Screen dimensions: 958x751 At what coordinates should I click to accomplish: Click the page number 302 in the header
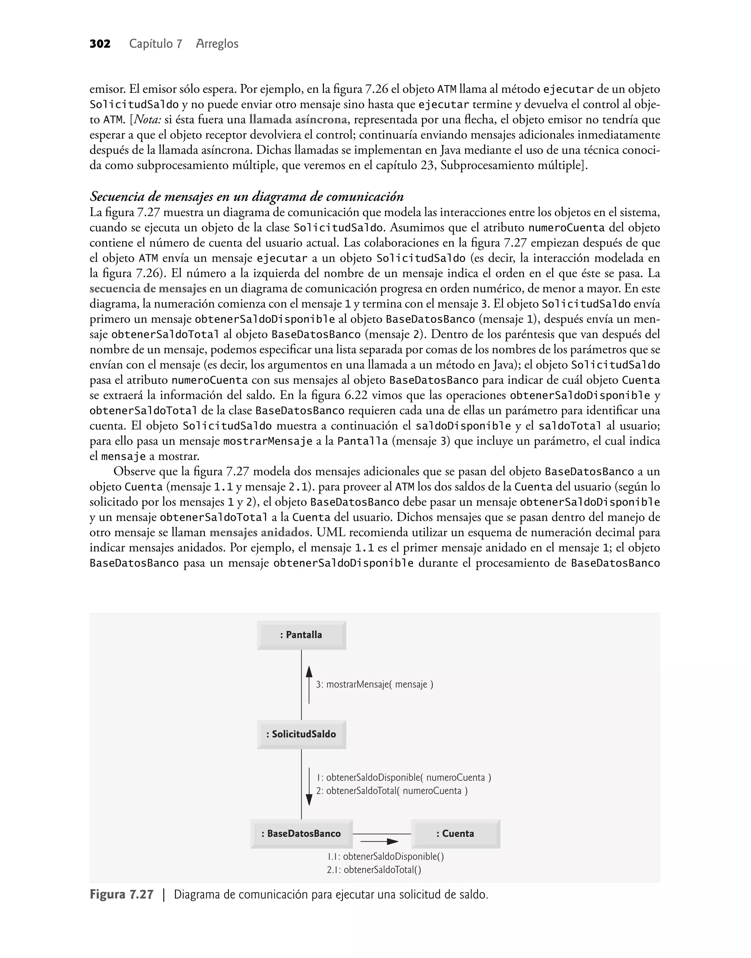[x=100, y=44]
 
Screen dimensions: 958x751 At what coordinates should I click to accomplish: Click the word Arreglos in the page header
[x=217, y=44]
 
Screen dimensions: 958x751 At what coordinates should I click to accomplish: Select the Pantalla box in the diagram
[x=301, y=635]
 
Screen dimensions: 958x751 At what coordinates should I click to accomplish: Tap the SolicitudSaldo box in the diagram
[x=301, y=734]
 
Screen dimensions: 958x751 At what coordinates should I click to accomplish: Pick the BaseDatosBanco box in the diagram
[x=301, y=834]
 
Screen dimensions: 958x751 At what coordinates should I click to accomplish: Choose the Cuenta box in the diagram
[x=455, y=834]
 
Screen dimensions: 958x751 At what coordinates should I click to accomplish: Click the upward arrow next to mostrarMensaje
[x=309, y=684]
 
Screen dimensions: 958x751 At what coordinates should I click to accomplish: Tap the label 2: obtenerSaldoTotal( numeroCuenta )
[x=392, y=791]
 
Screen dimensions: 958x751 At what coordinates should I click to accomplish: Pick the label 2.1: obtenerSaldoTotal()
[x=374, y=870]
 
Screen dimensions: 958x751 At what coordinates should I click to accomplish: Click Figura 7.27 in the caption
[x=122, y=895]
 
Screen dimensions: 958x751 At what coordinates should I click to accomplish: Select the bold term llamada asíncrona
[x=298, y=120]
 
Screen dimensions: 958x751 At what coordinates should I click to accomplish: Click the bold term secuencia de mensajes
[x=148, y=288]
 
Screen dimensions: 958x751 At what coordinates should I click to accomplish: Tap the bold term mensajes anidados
[x=259, y=532]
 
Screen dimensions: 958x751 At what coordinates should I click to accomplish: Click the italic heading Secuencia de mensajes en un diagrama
[x=246, y=196]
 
